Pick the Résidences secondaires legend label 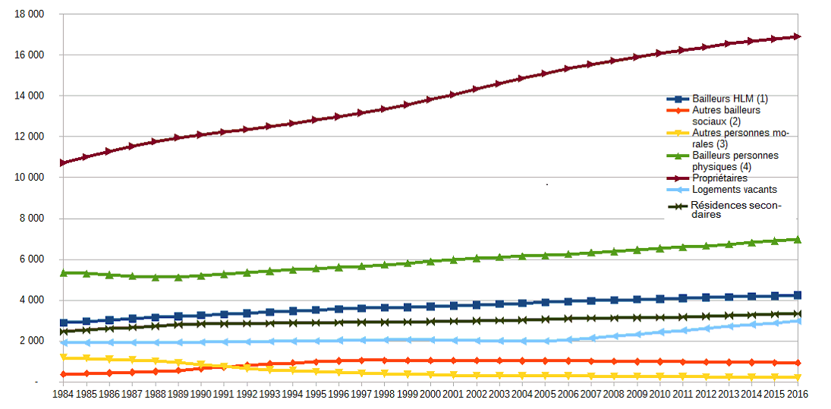point(735,209)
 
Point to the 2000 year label point(430,395)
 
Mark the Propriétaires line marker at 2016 point(798,36)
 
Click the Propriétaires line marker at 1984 point(65,162)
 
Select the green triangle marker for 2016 point(798,240)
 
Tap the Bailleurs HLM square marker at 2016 point(798,295)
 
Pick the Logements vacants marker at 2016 point(798,321)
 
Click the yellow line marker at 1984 point(65,357)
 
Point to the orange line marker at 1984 point(65,374)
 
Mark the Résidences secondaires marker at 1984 point(65,332)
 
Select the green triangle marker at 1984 point(65,272)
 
